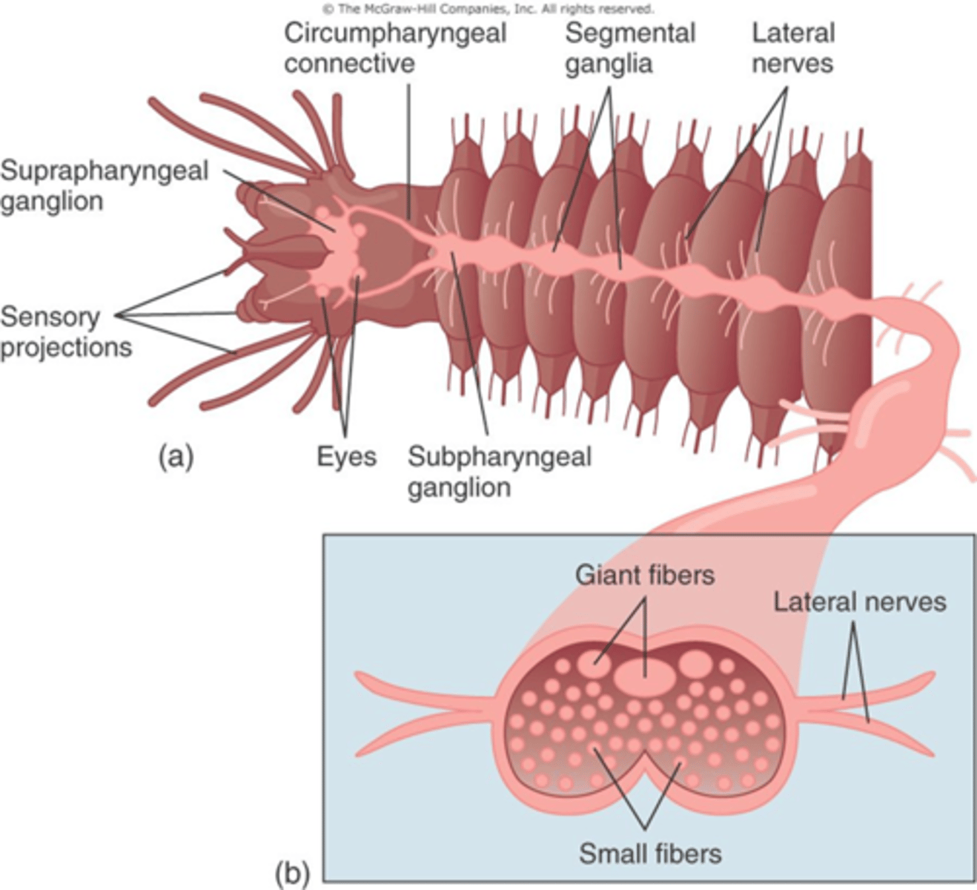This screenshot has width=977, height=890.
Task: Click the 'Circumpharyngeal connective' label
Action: coord(394,47)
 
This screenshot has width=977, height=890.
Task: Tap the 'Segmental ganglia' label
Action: coord(629,47)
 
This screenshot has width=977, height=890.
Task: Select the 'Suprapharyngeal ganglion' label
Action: coord(104,185)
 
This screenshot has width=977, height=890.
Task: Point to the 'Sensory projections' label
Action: coord(65,332)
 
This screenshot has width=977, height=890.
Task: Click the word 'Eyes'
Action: coord(346,456)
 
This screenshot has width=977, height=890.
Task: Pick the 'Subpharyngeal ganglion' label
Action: coord(499,472)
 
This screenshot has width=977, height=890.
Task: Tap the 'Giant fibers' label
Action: coord(644,575)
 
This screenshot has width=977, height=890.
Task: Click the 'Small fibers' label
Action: coord(649,853)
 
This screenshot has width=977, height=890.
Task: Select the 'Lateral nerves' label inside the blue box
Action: coord(859,601)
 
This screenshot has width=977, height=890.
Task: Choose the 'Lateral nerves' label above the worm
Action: coord(792,47)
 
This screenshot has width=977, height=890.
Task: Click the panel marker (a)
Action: coord(176,456)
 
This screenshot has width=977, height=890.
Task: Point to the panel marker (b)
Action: coord(291,873)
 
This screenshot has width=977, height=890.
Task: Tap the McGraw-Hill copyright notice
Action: coord(488,9)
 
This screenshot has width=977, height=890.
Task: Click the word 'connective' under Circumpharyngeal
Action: coord(349,63)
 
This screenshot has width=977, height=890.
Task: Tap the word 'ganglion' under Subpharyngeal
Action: coord(459,488)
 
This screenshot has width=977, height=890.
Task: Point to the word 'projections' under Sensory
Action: coord(65,347)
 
